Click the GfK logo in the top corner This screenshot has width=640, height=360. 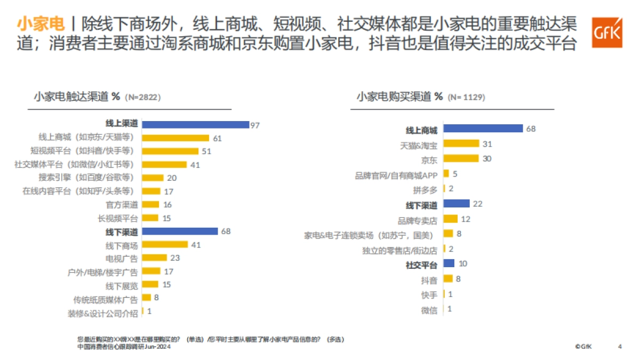pos(607,33)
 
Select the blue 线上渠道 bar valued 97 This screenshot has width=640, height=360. pos(195,124)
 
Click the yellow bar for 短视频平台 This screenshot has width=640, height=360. pos(170,151)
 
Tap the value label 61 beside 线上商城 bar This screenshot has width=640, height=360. pos(217,138)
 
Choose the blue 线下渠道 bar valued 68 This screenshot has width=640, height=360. pos(180,231)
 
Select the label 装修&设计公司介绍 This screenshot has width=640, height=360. pos(102,313)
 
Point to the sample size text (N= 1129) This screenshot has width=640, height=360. pos(466,98)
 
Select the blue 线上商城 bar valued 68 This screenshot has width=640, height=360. pos(483,129)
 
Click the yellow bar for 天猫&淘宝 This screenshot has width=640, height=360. pos(461,143)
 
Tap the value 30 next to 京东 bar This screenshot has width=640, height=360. pos(487,158)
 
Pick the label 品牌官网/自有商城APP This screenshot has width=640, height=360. pos(396,174)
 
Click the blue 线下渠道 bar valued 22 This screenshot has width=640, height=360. pos(457,203)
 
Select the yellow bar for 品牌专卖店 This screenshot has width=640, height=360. pos(450,219)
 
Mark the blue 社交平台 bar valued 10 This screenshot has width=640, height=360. pos(449,263)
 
